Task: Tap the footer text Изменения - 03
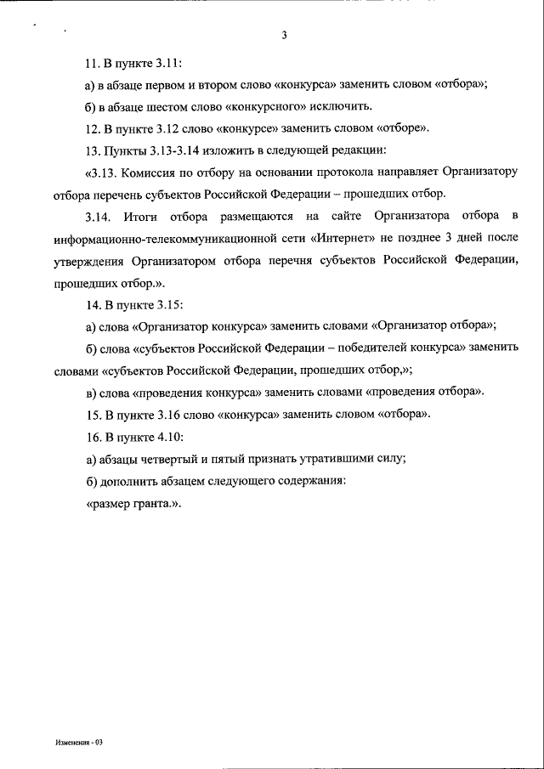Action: pos(77,741)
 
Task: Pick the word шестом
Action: pos(165,107)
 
